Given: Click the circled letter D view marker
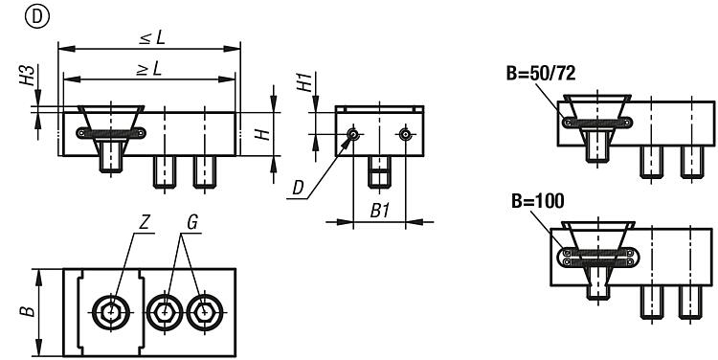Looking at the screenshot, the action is pos(37,17).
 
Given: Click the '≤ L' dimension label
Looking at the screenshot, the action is pos(152,38).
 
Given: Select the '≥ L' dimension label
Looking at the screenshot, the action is pos(149,69).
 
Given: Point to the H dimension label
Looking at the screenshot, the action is pos(262,134).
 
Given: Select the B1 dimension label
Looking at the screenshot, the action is pos(380,212).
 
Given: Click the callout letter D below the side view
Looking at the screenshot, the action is pos(299,188).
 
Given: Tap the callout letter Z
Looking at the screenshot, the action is pos(145,222).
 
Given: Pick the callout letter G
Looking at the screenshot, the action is pos(192,222).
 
